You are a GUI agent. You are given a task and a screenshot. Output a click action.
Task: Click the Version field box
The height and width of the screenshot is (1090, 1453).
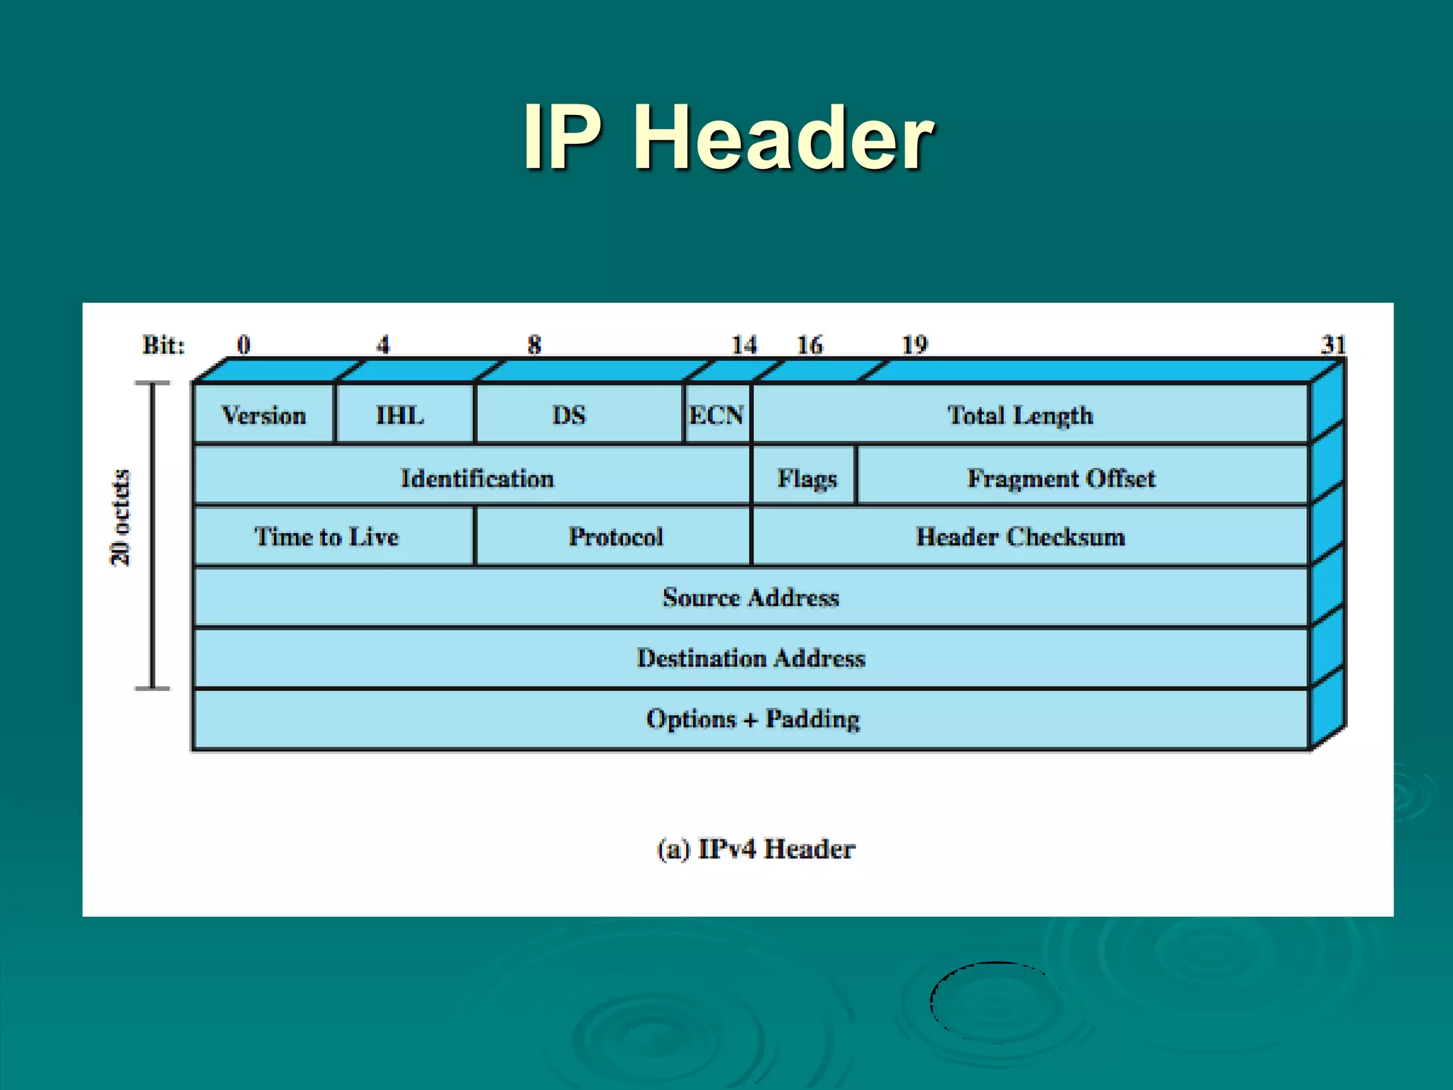[264, 414]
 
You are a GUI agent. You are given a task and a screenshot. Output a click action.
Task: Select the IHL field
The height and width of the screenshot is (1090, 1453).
[400, 414]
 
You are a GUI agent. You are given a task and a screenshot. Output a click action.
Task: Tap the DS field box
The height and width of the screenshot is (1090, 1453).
[569, 414]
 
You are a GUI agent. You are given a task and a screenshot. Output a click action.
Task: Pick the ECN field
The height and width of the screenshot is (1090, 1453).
[717, 414]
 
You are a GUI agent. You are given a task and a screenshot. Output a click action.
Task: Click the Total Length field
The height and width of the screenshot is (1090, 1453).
[1020, 414]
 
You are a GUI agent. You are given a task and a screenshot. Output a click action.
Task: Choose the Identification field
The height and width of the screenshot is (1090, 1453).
[477, 478]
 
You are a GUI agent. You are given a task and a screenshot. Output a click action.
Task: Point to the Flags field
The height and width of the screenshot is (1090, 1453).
[807, 478]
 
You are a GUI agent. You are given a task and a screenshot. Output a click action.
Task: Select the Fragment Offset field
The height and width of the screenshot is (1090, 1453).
[1061, 478]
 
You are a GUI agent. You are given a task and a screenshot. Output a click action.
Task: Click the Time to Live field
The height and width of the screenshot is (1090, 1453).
[326, 536]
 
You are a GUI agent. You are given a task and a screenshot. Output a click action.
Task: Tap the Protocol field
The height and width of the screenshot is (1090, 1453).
[616, 536]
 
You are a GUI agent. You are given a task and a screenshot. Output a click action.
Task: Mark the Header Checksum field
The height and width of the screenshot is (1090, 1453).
[1020, 536]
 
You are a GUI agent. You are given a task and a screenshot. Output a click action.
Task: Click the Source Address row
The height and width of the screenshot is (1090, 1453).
[751, 598]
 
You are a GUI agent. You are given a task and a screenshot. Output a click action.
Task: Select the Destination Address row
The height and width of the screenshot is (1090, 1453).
[751, 658]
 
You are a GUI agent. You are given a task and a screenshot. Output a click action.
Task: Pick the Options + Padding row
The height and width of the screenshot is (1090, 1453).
[752, 719]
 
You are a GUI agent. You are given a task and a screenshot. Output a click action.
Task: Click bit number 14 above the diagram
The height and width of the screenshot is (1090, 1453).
[744, 345]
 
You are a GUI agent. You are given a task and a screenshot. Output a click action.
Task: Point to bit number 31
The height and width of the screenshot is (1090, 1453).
[1333, 345]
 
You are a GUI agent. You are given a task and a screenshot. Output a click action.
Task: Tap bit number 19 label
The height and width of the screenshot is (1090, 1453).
[915, 345]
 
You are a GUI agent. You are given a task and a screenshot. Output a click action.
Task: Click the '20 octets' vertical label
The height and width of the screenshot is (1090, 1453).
[121, 517]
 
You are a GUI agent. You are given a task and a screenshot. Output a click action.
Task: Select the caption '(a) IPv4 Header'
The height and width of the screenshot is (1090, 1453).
[756, 849]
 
